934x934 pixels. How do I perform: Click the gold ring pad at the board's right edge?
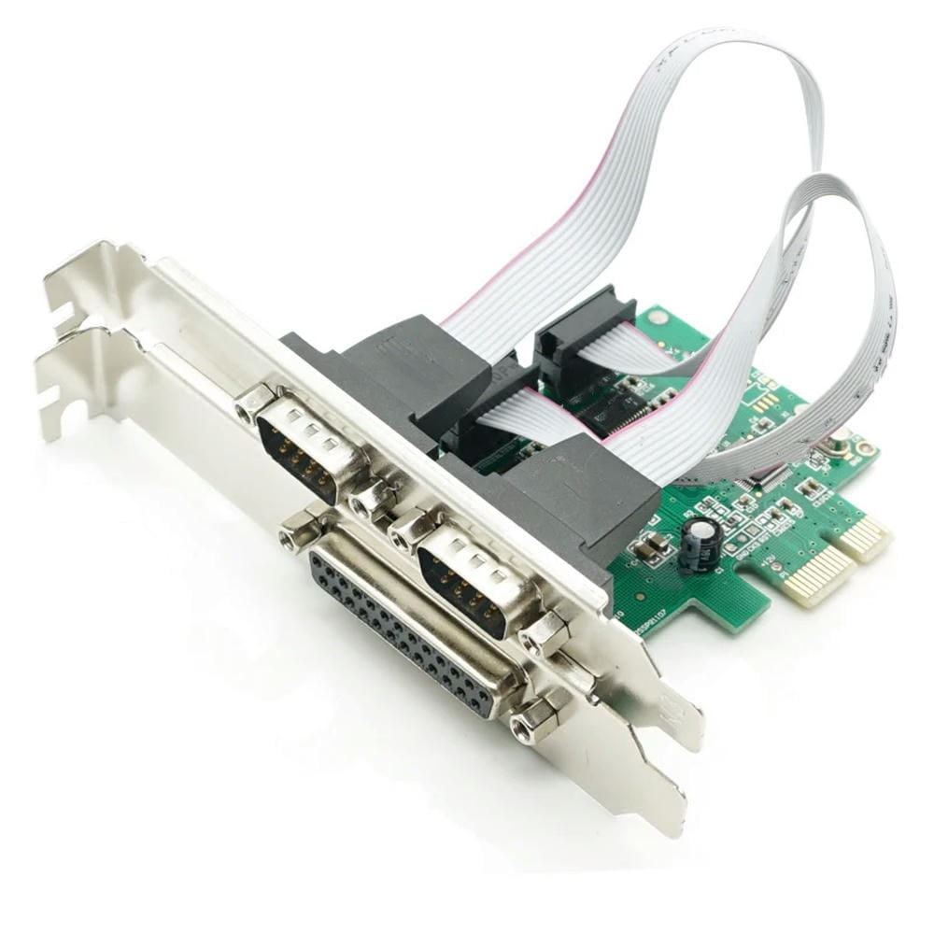[865, 448]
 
